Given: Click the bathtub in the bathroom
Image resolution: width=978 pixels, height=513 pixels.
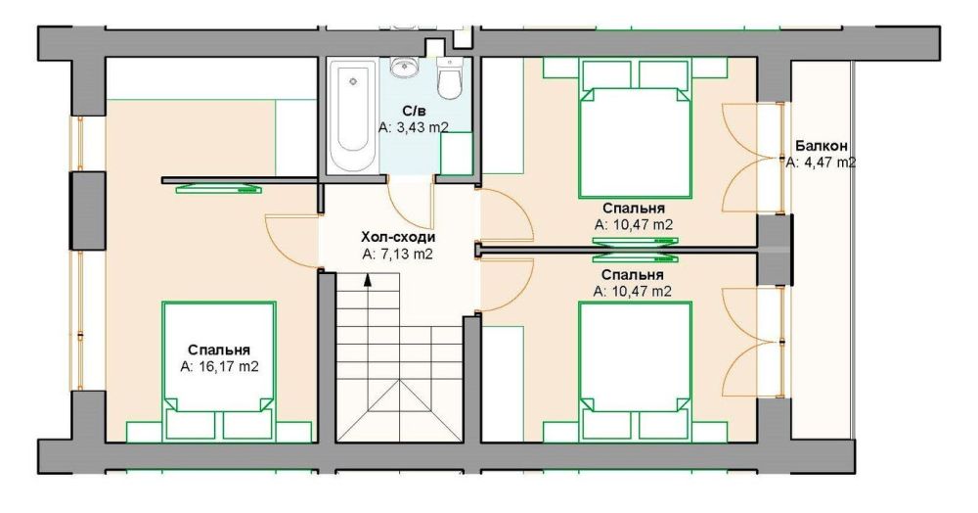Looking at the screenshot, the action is click(352, 116).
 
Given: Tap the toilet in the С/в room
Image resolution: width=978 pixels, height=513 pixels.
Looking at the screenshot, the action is click(449, 78).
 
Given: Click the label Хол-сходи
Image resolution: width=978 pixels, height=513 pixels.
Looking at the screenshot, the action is click(398, 237).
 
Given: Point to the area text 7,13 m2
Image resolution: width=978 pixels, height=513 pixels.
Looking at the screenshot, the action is click(407, 255).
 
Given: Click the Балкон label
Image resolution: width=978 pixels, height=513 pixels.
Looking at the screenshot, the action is click(822, 146).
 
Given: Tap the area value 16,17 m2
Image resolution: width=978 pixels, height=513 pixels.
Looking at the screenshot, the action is click(228, 367).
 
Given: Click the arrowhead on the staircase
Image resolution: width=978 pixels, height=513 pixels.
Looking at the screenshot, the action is click(368, 281).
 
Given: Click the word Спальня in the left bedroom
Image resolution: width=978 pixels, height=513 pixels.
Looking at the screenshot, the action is click(219, 350).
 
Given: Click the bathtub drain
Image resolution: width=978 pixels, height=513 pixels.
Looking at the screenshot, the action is click(353, 81).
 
